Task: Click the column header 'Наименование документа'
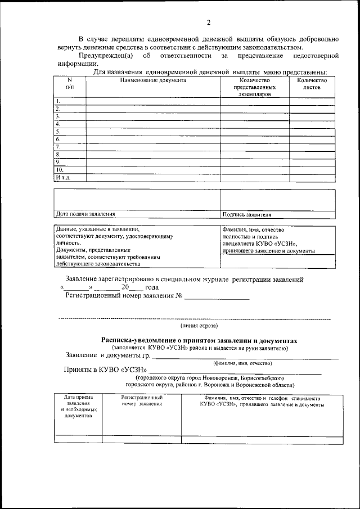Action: (x=152, y=80)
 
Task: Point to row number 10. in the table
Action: (x=59, y=169)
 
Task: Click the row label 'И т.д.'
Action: (x=62, y=177)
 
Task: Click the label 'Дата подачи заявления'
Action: (x=85, y=214)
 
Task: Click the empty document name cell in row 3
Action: (x=152, y=116)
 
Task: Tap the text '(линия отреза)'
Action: (x=199, y=326)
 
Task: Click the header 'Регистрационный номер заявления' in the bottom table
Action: (x=142, y=401)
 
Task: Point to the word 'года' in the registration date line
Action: (x=152, y=287)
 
